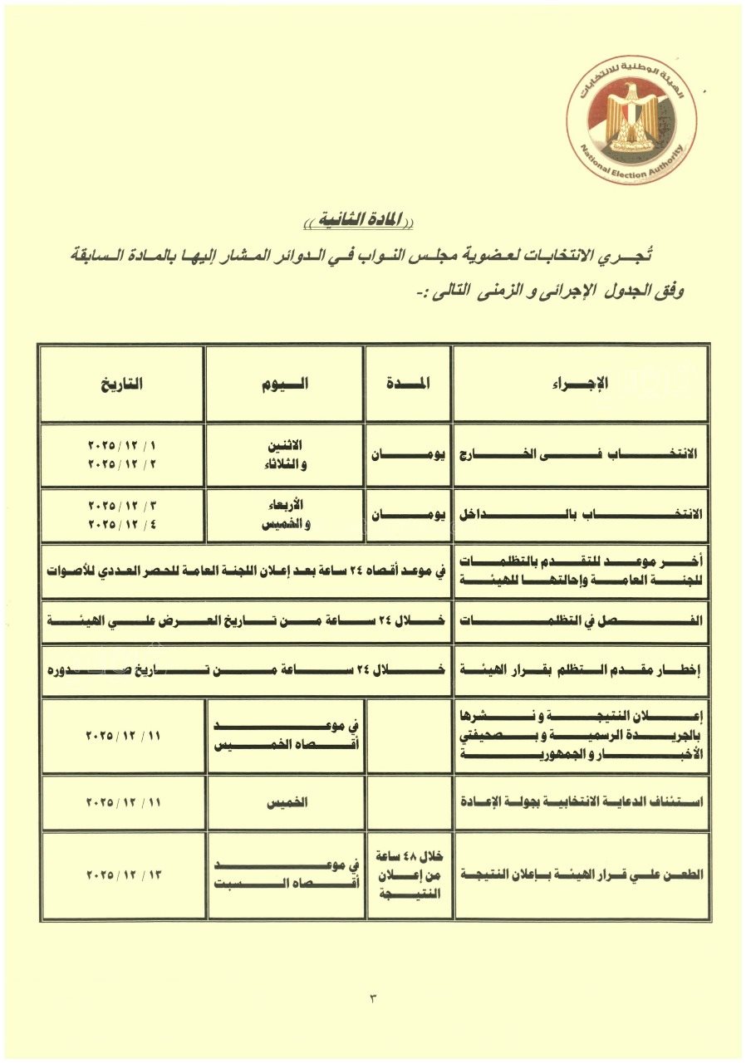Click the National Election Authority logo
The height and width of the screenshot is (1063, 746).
click(632, 121)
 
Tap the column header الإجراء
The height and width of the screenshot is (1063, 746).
click(581, 383)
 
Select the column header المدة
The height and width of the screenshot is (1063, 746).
click(408, 383)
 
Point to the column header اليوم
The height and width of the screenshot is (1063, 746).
click(284, 383)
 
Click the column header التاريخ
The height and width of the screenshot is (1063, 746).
click(122, 383)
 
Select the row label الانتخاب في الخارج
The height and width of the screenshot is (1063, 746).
click(581, 456)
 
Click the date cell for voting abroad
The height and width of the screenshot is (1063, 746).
click(122, 455)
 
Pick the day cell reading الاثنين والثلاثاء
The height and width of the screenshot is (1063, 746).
click(284, 455)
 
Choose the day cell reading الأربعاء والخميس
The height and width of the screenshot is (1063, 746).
click(284, 514)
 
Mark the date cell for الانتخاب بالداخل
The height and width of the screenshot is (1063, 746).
click(122, 514)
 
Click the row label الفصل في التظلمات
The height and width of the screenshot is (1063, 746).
click(581, 620)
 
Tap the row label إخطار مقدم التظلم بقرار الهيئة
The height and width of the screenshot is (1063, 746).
click(581, 669)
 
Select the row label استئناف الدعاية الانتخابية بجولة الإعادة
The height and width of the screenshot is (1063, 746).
click(581, 803)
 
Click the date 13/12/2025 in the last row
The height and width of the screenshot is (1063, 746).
click(122, 875)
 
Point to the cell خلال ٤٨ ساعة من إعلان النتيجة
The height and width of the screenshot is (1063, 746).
click(408, 875)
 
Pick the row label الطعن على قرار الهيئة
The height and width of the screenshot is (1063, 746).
click(581, 875)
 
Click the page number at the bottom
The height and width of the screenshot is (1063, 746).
click(373, 997)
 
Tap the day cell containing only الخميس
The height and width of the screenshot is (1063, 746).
click(284, 803)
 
